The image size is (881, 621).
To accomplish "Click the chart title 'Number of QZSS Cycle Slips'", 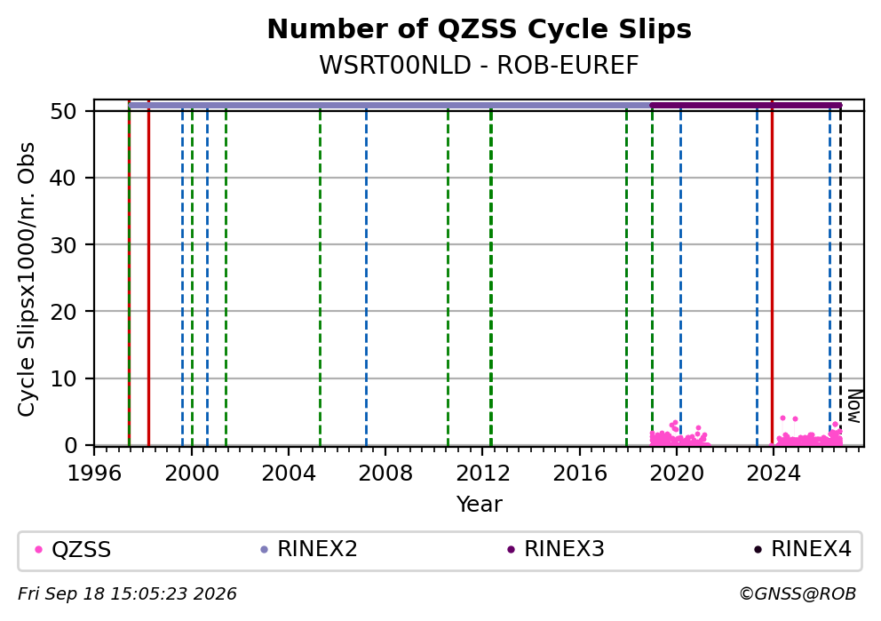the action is tap(479, 29).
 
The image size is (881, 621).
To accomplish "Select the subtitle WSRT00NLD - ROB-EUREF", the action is tap(479, 65).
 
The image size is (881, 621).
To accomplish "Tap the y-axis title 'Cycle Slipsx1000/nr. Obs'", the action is tap(26, 279).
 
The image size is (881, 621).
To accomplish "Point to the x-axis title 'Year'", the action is tap(479, 504).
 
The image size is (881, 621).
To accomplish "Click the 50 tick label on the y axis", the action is tap(63, 111).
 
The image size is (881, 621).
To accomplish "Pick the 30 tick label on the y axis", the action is tap(63, 244).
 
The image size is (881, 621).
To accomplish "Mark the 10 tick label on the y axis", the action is tap(63, 378).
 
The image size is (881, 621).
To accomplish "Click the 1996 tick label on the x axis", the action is tap(94, 474).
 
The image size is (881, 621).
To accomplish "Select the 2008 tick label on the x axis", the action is tap(385, 474).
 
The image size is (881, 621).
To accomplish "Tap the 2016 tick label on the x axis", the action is tap(580, 474).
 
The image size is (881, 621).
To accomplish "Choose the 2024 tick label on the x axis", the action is tap(774, 474).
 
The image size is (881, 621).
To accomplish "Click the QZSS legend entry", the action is tap(73, 549).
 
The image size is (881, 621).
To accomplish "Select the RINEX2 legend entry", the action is tap(309, 549).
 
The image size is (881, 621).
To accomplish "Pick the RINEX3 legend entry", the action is tap(556, 549).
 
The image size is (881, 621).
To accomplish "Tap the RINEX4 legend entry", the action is tap(803, 549).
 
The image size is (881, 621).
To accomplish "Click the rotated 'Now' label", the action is tap(854, 406).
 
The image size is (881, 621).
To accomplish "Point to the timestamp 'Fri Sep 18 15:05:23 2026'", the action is tap(128, 594).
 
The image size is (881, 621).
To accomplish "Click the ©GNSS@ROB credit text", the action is tap(798, 594).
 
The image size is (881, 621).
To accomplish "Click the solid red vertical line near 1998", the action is tap(148, 273).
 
